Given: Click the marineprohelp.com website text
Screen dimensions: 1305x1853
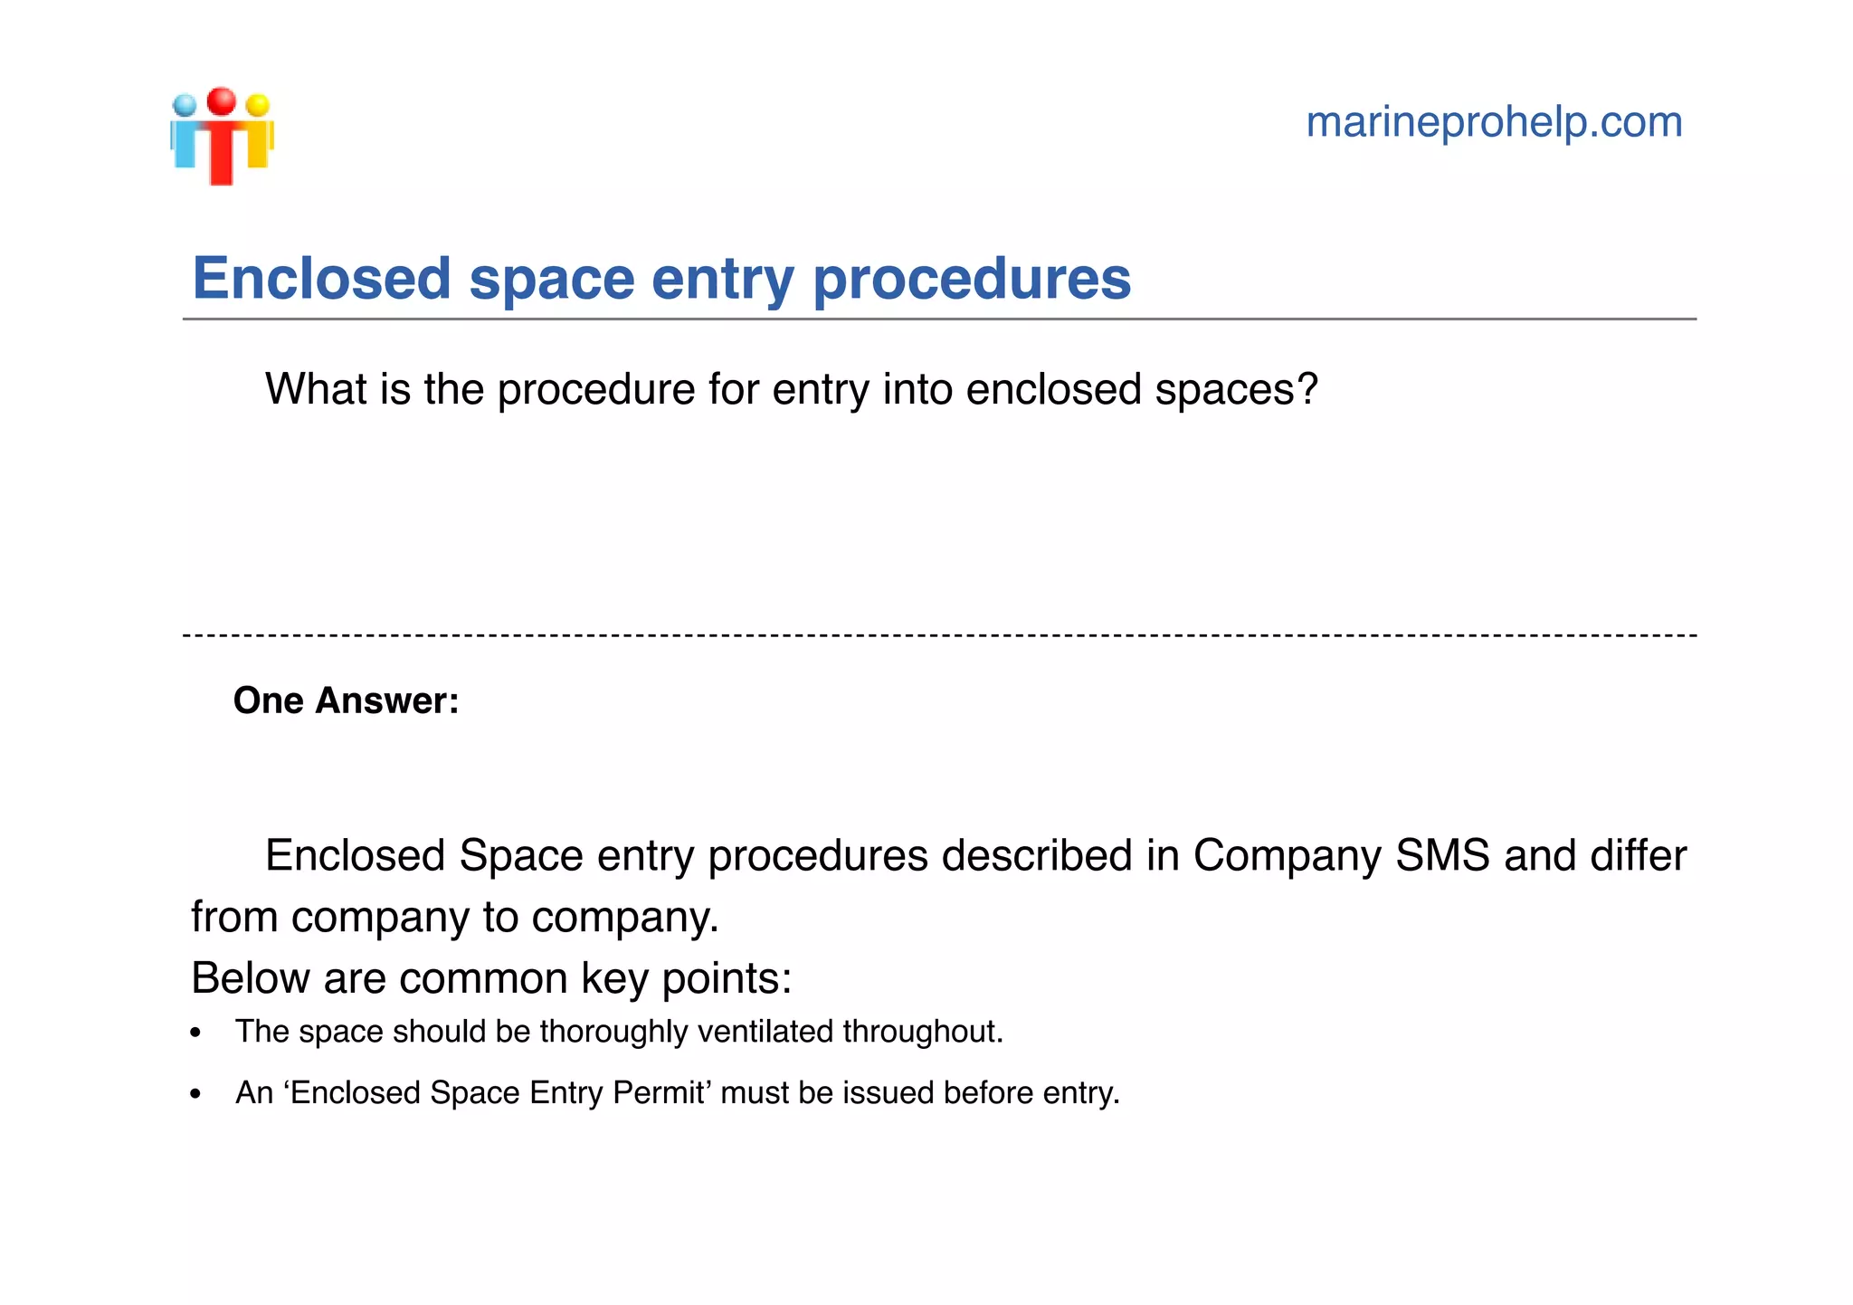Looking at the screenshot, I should [x=1494, y=122].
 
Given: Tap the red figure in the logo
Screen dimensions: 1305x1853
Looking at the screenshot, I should [x=221, y=140].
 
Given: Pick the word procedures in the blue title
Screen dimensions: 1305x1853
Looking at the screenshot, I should [x=972, y=280].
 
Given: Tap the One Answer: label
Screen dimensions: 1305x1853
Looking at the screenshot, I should [x=347, y=700].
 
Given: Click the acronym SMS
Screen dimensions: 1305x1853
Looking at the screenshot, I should [x=1442, y=856].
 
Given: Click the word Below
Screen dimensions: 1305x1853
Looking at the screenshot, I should [x=250, y=978].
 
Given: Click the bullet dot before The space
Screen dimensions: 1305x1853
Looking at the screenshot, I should [x=195, y=1034].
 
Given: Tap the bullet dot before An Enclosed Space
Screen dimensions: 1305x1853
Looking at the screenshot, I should [x=195, y=1094].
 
